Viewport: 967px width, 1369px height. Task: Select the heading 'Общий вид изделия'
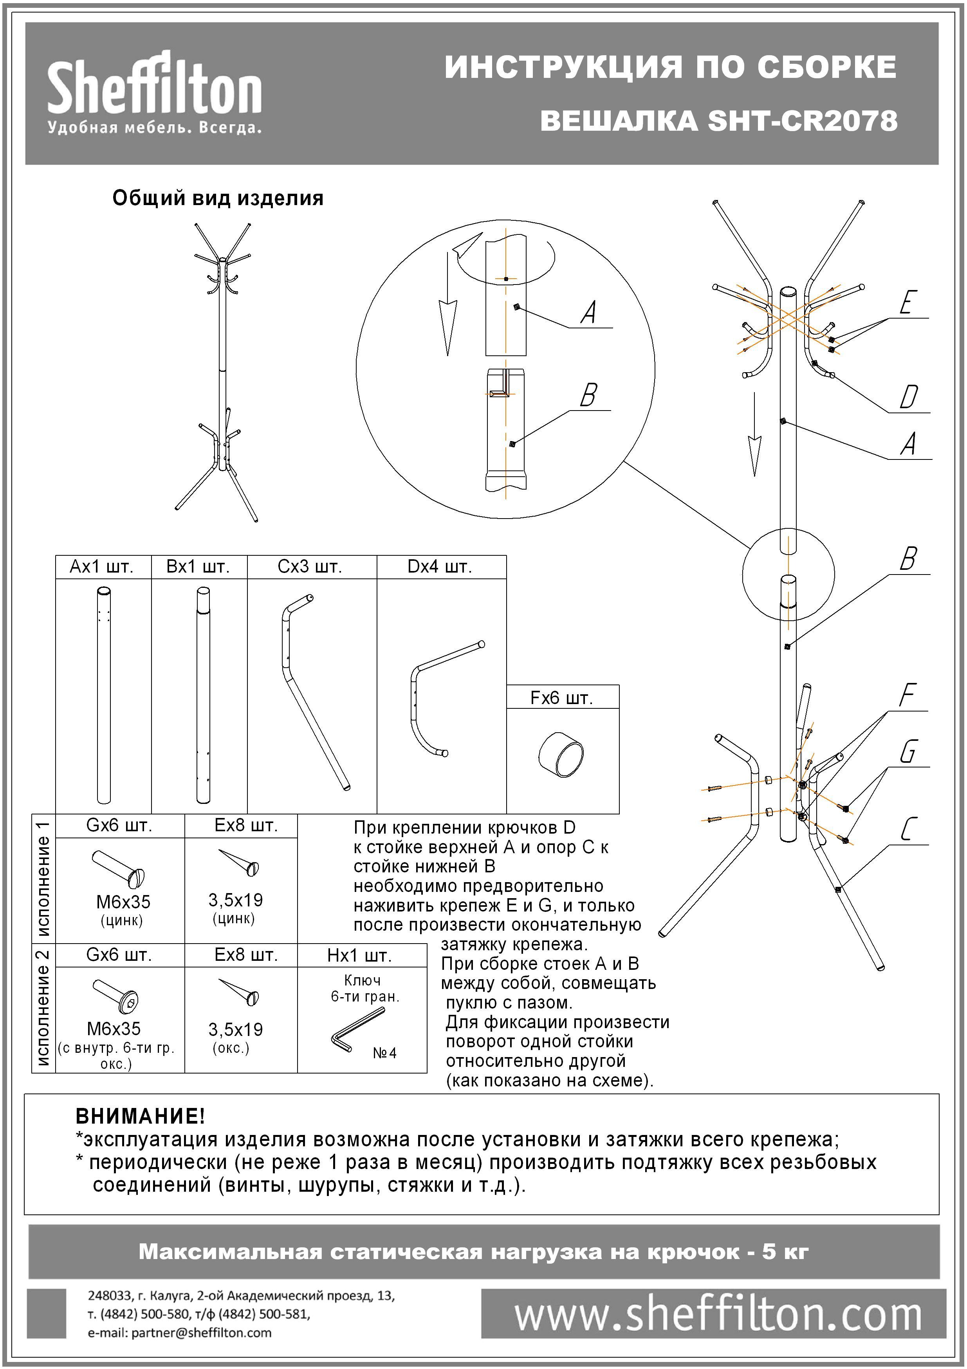(218, 198)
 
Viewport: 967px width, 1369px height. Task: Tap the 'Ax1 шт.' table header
(102, 566)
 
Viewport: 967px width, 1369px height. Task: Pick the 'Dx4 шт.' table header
(440, 566)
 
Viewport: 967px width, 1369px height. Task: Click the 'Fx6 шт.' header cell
(562, 698)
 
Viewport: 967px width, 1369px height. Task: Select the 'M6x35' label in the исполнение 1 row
(123, 902)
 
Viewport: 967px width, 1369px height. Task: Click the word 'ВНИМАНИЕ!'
(140, 1116)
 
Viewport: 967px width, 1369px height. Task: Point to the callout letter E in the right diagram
(907, 303)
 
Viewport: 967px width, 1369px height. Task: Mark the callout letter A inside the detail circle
(589, 312)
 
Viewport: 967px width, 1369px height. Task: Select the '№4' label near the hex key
(385, 1053)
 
